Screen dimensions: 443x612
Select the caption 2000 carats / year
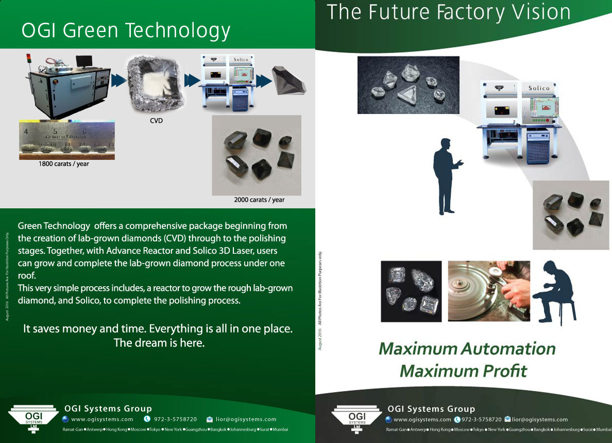[259, 200]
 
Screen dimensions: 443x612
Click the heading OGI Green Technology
[126, 30]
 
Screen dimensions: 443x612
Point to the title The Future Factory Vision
[448, 12]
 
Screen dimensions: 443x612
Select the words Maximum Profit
[463, 370]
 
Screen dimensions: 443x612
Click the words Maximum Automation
[467, 349]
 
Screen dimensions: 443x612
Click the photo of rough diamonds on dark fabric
[408, 85]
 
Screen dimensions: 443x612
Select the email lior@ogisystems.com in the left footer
[246, 419]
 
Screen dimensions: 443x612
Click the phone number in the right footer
[482, 420]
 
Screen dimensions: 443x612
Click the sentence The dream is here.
[159, 343]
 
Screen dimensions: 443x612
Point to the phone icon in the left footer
[147, 419]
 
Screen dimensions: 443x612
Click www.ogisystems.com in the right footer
[422, 420]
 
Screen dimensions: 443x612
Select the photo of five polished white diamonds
[411, 291]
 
